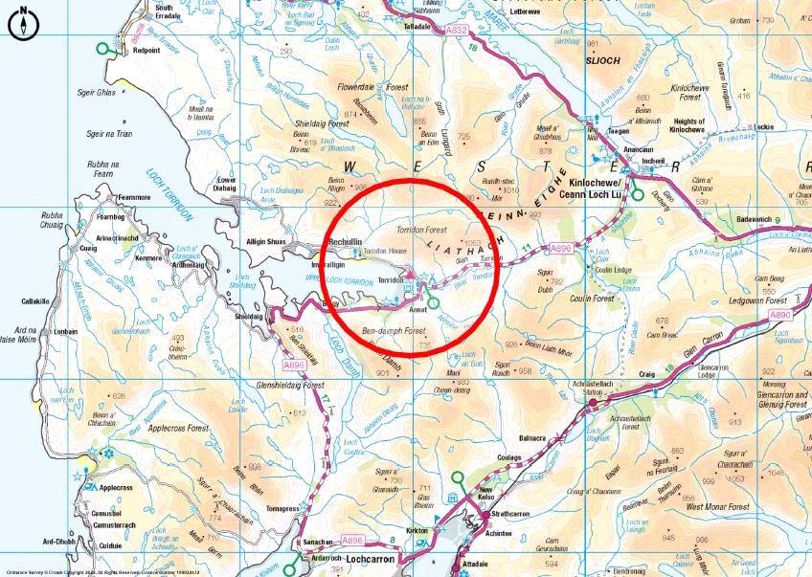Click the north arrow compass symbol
pos(22,24)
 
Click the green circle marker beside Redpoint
pos(102,48)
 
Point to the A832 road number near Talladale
pos(458,31)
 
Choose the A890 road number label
pos(781,314)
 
